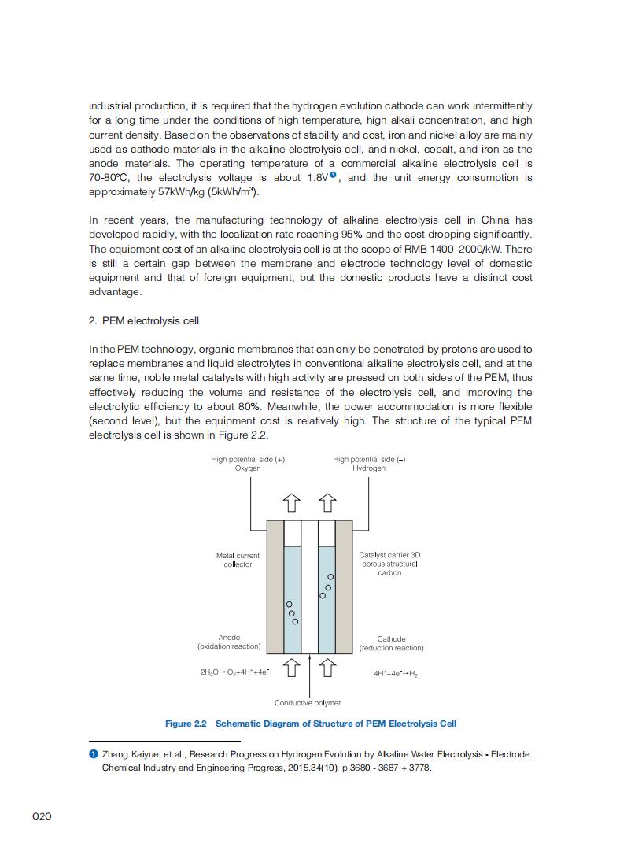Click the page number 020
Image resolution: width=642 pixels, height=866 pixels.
42,816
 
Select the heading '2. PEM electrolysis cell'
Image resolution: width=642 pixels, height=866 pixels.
144,320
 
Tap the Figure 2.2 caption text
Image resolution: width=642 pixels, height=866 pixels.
310,724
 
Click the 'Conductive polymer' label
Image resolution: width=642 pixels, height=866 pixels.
308,702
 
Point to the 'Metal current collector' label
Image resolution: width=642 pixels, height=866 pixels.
238,560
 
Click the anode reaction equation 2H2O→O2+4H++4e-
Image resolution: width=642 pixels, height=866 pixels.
234,672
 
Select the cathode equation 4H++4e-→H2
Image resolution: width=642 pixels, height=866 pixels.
396,673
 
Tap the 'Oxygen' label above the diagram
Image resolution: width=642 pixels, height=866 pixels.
248,468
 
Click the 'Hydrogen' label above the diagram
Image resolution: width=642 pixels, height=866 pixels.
369,468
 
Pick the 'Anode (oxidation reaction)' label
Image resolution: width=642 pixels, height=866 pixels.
229,642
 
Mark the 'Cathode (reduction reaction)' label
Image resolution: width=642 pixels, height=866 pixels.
391,643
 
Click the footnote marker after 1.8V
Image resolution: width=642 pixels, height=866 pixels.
334,175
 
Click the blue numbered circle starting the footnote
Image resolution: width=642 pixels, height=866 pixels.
94,754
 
